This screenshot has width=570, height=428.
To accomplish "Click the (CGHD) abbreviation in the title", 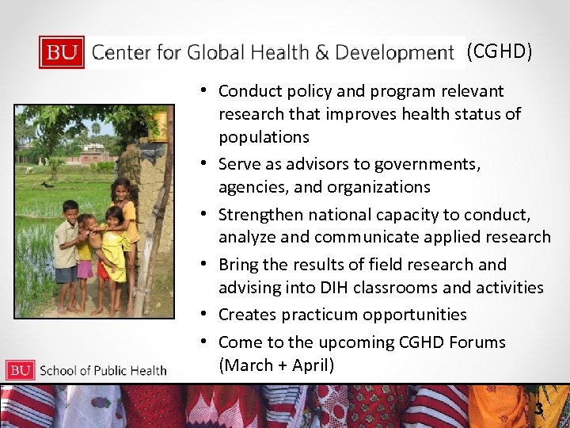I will click(x=499, y=52).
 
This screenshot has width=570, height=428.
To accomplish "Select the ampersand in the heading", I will click(x=322, y=53).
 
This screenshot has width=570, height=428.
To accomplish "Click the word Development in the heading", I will click(x=394, y=53).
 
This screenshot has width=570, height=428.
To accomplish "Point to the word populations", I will click(x=264, y=137).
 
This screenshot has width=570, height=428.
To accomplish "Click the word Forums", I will click(x=474, y=342).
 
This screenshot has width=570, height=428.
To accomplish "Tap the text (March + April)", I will click(x=276, y=365).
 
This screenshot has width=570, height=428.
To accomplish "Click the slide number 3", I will click(x=539, y=410).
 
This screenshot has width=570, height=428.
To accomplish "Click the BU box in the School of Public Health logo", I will click(x=21, y=370).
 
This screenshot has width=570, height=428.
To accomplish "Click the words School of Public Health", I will click(x=103, y=370).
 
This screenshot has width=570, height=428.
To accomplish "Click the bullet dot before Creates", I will click(x=204, y=314).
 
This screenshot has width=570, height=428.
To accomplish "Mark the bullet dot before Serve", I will click(x=204, y=163).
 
